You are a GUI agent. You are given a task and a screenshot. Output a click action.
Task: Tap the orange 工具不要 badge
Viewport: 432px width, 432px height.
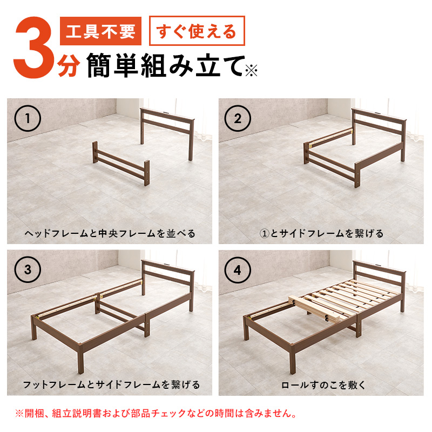click(101, 32)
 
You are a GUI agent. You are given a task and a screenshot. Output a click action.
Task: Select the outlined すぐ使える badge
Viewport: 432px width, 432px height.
click(197, 32)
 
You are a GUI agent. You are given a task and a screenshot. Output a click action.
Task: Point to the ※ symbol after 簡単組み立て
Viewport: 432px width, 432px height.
click(252, 70)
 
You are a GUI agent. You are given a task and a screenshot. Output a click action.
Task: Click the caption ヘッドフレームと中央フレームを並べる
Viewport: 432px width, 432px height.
click(110, 234)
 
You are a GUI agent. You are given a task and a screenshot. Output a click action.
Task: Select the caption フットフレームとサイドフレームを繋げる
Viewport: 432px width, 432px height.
click(110, 385)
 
